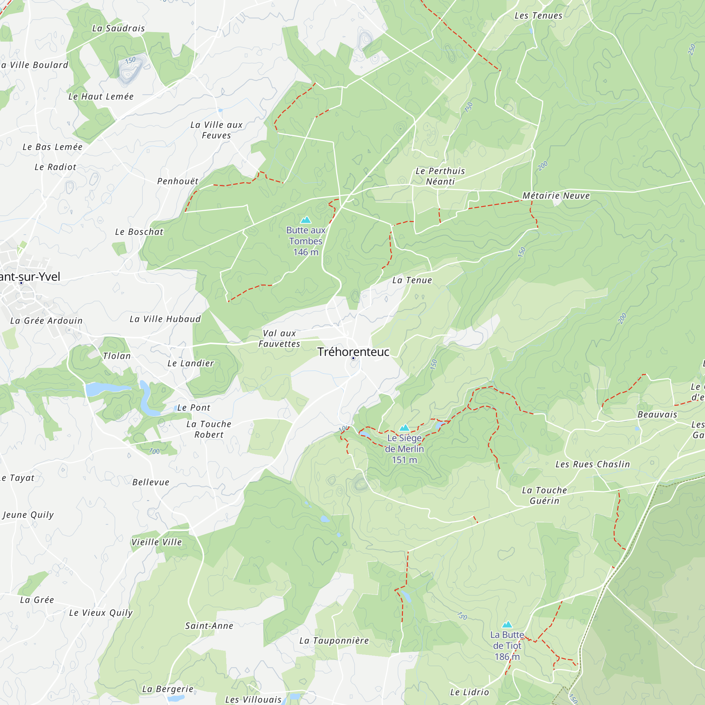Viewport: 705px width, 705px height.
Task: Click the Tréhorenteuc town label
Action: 353,352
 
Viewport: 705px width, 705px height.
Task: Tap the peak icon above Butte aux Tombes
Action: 305,220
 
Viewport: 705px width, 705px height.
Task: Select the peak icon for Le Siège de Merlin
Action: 404,428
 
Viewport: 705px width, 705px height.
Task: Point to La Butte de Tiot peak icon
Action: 507,624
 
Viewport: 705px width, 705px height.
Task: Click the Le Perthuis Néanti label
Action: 440,176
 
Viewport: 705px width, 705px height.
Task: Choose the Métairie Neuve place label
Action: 556,196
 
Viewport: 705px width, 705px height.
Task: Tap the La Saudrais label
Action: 118,29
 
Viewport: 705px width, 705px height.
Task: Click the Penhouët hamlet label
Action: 178,181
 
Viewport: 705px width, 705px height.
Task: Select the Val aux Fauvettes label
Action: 279,338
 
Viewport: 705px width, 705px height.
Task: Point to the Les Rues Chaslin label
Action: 593,464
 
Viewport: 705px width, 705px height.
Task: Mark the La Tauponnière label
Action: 334,640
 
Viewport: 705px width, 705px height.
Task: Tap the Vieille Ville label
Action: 157,542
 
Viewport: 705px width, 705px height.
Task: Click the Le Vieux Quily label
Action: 101,613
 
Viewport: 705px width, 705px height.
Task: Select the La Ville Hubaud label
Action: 165,319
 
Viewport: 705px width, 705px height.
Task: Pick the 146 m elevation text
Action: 305,252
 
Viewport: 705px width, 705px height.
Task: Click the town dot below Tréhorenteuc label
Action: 353,358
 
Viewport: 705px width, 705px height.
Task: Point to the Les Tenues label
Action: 538,16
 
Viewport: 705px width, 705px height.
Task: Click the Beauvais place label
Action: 657,415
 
